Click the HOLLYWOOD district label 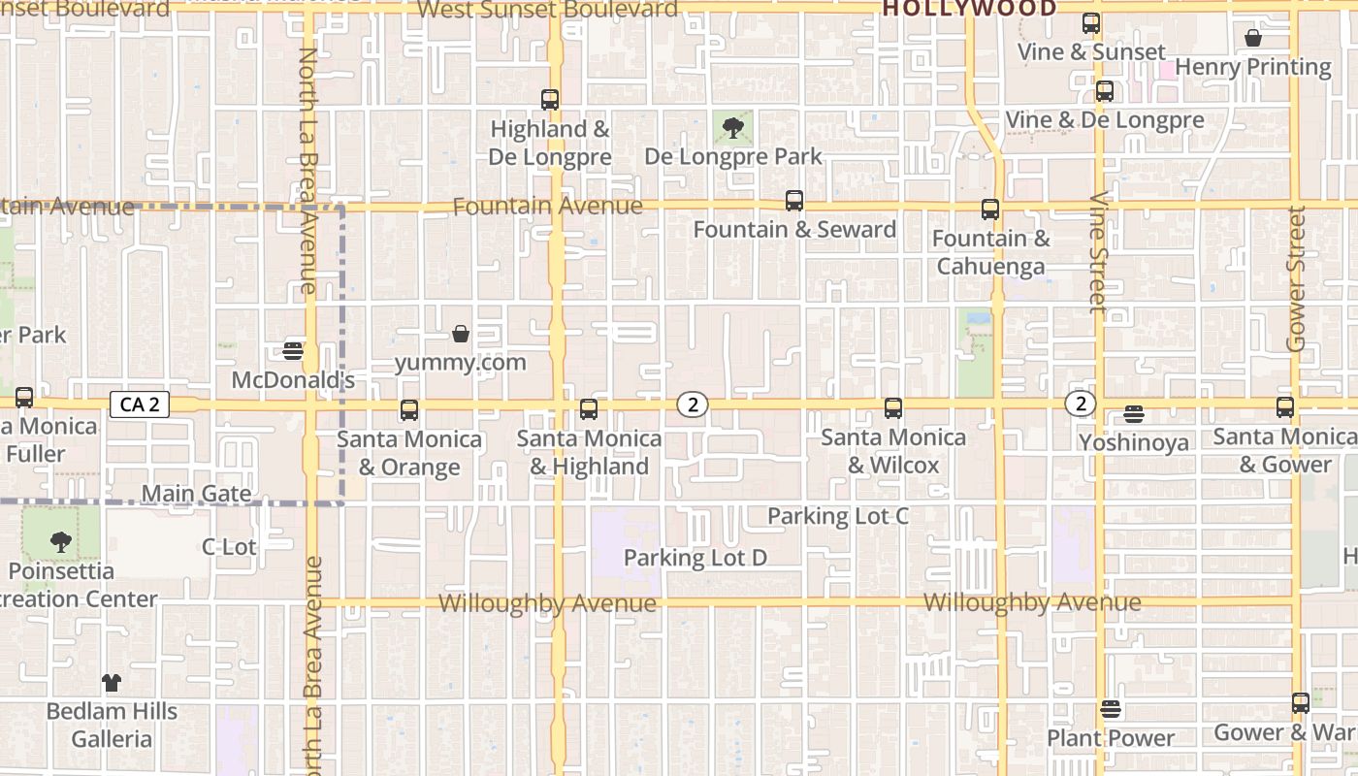pos(969,10)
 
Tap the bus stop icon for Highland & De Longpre pos(550,99)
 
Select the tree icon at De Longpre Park pos(733,126)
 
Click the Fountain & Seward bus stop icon pos(794,201)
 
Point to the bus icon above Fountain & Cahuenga pos(990,209)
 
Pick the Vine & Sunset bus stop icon pos(1091,23)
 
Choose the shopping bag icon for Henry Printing pos(1253,38)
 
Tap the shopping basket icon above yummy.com pos(461,335)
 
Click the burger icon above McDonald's pos(293,350)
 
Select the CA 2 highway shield pos(140,404)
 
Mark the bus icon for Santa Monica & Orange pos(409,410)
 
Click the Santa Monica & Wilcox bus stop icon pos(893,408)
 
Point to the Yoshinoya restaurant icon pos(1134,414)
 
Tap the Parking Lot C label pos(838,516)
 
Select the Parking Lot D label pos(695,558)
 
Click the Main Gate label pos(196,494)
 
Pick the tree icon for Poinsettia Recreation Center pos(61,542)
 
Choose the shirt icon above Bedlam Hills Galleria pos(112,683)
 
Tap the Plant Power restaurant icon pos(1111,709)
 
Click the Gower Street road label pos(1296,278)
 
